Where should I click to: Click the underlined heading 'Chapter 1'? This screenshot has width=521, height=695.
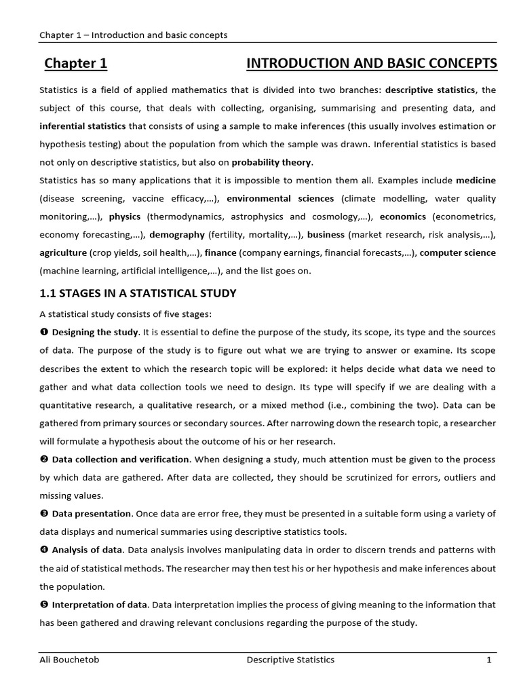point(76,64)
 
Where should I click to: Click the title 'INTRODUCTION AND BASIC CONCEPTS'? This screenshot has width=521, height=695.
point(371,64)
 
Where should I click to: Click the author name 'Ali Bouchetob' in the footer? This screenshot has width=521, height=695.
point(68,659)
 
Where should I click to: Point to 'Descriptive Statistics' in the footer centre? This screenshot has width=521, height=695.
point(290,659)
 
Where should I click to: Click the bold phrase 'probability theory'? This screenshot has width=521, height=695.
point(272,162)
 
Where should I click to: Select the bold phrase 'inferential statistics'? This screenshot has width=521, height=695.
point(83,126)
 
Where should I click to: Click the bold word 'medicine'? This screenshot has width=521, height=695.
point(476,181)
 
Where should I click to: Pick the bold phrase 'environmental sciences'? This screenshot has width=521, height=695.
point(280,198)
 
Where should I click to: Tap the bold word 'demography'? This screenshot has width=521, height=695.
point(177,235)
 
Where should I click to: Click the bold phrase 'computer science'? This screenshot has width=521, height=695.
point(458,252)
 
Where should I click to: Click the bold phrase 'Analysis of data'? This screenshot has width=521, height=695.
point(88,549)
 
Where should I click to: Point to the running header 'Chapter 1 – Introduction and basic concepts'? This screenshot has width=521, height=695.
point(133,35)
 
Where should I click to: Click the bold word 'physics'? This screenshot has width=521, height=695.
point(125,217)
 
